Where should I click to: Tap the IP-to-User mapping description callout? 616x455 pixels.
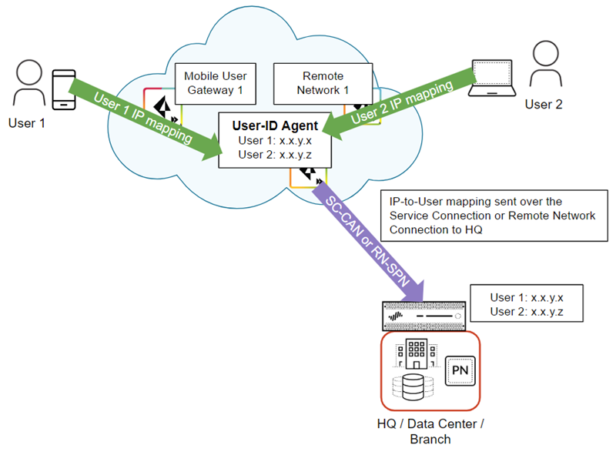point(492,215)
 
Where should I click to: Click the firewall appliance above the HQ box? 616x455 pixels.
point(423,316)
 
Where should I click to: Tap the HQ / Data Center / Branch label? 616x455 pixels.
point(430,431)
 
